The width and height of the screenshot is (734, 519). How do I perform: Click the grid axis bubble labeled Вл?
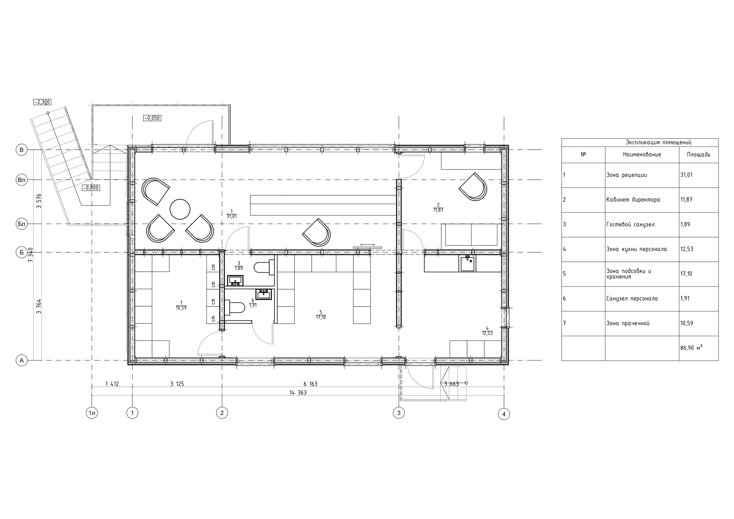click(22, 180)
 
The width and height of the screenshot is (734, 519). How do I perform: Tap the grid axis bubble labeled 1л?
click(92, 413)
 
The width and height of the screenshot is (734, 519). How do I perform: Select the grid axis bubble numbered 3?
click(399, 413)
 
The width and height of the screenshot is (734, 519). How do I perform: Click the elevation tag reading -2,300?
click(42, 102)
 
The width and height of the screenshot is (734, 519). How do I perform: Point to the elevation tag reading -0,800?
click(91, 188)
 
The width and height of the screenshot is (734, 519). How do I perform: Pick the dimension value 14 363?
click(298, 393)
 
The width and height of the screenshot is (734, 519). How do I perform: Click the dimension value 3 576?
click(39, 201)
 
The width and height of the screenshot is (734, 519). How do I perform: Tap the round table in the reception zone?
click(180, 209)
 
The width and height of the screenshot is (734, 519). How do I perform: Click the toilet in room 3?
click(264, 267)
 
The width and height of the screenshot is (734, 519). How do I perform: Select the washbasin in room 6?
click(263, 294)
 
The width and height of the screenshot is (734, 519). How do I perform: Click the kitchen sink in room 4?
click(467, 264)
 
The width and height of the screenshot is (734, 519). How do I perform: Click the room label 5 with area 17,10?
click(321, 315)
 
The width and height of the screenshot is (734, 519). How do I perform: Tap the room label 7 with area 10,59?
click(181, 305)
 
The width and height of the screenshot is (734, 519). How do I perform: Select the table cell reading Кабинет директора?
click(633, 200)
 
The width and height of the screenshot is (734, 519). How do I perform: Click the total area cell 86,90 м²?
click(691, 348)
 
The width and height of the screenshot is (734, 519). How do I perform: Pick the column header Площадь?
click(698, 155)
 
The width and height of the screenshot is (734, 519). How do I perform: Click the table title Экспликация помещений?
click(659, 143)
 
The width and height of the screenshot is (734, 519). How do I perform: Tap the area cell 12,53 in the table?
click(687, 249)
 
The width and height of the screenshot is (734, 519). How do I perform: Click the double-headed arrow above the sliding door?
click(367, 245)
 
